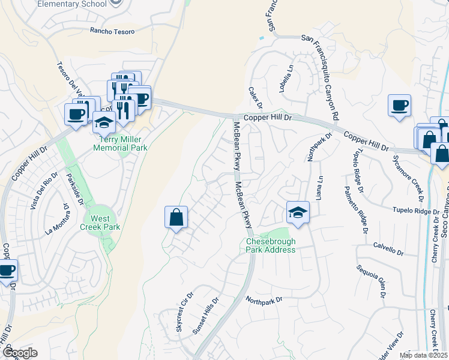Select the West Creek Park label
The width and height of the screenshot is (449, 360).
(x=101, y=223)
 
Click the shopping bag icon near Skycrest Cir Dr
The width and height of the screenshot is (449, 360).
(x=176, y=218)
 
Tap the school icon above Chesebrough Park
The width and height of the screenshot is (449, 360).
(x=298, y=214)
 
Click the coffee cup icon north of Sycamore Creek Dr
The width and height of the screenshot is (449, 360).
(x=399, y=106)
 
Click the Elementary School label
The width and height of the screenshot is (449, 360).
(x=71, y=4)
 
